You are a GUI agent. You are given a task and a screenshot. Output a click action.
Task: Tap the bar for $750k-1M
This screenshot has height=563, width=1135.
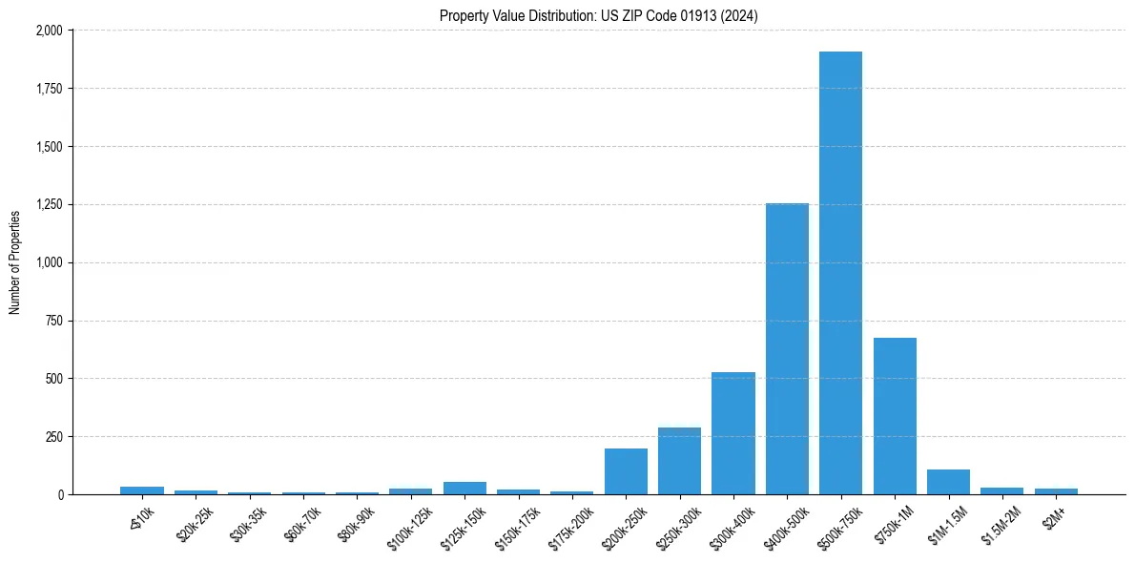click(x=895, y=416)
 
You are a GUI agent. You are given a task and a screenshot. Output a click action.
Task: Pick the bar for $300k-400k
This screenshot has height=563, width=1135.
click(x=733, y=433)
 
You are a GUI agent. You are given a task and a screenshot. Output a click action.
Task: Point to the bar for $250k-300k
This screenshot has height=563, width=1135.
click(x=679, y=461)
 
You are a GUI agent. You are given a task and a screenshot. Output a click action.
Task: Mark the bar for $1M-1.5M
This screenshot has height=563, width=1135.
click(x=948, y=482)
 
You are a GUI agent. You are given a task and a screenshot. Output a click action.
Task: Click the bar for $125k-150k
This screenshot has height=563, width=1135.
click(x=464, y=488)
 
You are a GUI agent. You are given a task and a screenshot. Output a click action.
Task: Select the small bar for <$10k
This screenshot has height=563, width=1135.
click(x=142, y=490)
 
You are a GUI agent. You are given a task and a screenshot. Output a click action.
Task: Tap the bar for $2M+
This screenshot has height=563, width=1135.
click(x=1056, y=491)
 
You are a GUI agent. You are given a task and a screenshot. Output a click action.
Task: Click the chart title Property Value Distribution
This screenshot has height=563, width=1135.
click(x=598, y=16)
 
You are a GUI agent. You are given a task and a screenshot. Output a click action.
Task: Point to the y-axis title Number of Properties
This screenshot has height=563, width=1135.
click(x=15, y=262)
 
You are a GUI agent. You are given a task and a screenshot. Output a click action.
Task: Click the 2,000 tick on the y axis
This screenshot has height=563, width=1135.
click(x=49, y=31)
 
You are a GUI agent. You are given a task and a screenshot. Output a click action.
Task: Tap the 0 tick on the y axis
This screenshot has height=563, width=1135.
click(x=60, y=495)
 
